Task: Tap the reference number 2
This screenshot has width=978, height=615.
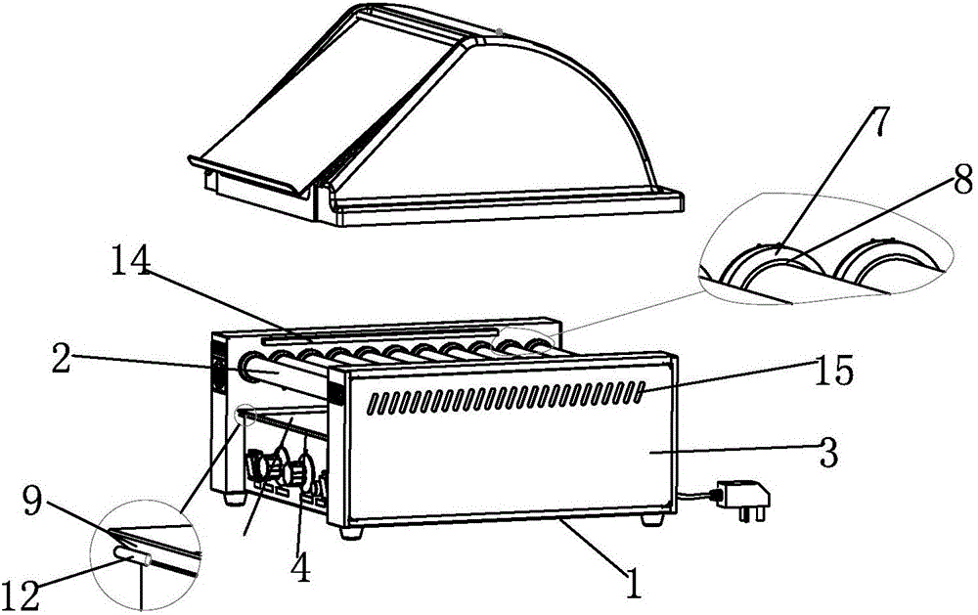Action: coord(60,360)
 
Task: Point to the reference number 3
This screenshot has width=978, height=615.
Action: coord(828,453)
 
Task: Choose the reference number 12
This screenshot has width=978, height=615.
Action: coord(22,595)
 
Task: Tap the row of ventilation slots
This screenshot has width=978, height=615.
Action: coord(506,396)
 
